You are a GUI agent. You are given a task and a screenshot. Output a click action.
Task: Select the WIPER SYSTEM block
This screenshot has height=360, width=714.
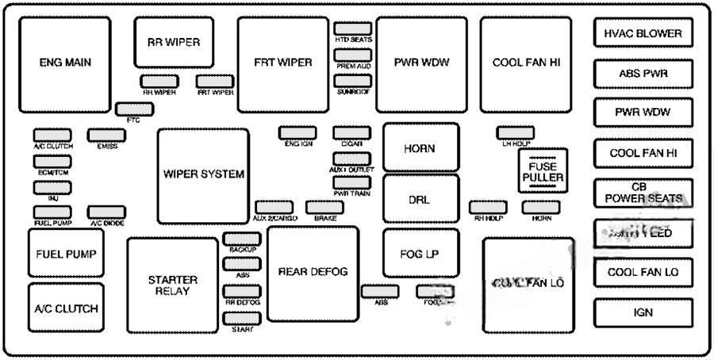click(x=204, y=175)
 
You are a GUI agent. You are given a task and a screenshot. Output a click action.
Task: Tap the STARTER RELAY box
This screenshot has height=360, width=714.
click(x=172, y=285)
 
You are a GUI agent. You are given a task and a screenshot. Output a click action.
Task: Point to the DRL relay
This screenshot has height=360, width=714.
click(x=420, y=199)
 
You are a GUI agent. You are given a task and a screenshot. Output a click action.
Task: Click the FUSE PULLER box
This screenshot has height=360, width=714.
click(x=542, y=171)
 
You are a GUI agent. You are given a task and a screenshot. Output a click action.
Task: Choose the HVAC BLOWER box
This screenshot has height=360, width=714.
click(x=643, y=34)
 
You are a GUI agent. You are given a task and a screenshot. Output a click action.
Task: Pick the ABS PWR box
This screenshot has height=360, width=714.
click(x=643, y=74)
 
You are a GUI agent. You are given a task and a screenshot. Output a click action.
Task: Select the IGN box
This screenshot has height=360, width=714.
click(x=643, y=312)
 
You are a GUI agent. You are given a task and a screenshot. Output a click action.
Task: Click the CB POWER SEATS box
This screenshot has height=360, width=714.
click(x=643, y=193)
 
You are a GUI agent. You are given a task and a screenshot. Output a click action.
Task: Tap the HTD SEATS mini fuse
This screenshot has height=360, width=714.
click(x=353, y=29)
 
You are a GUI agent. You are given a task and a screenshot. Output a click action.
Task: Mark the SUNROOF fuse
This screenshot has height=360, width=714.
click(x=353, y=81)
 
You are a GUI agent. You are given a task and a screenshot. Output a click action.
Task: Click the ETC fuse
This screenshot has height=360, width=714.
click(x=129, y=109)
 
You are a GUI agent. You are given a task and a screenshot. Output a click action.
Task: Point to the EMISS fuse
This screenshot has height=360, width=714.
click(x=106, y=135)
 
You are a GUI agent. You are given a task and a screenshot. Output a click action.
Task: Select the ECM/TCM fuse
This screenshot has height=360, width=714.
click(x=52, y=161)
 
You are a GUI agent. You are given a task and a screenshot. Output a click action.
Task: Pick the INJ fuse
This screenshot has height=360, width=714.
click(x=52, y=187)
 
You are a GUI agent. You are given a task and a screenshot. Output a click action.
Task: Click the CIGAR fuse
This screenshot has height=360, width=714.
click(x=352, y=133)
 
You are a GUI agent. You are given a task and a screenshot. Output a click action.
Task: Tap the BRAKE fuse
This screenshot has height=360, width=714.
click(x=324, y=208)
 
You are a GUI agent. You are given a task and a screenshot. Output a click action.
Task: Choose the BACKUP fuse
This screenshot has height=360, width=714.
click(x=242, y=239)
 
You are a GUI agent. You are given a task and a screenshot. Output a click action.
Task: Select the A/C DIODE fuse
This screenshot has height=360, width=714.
click(x=106, y=213)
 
